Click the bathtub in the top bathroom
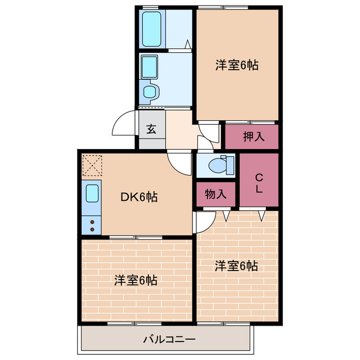coord(152,28)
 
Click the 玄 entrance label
coord(151,128)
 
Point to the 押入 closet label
coord(252,136)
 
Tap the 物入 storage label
coord(216,195)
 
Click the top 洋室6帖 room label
coord(236,65)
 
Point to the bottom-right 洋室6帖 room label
coord(236,265)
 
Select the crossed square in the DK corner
coord(92,165)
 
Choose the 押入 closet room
coord(252,137)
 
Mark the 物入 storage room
coord(216,195)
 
